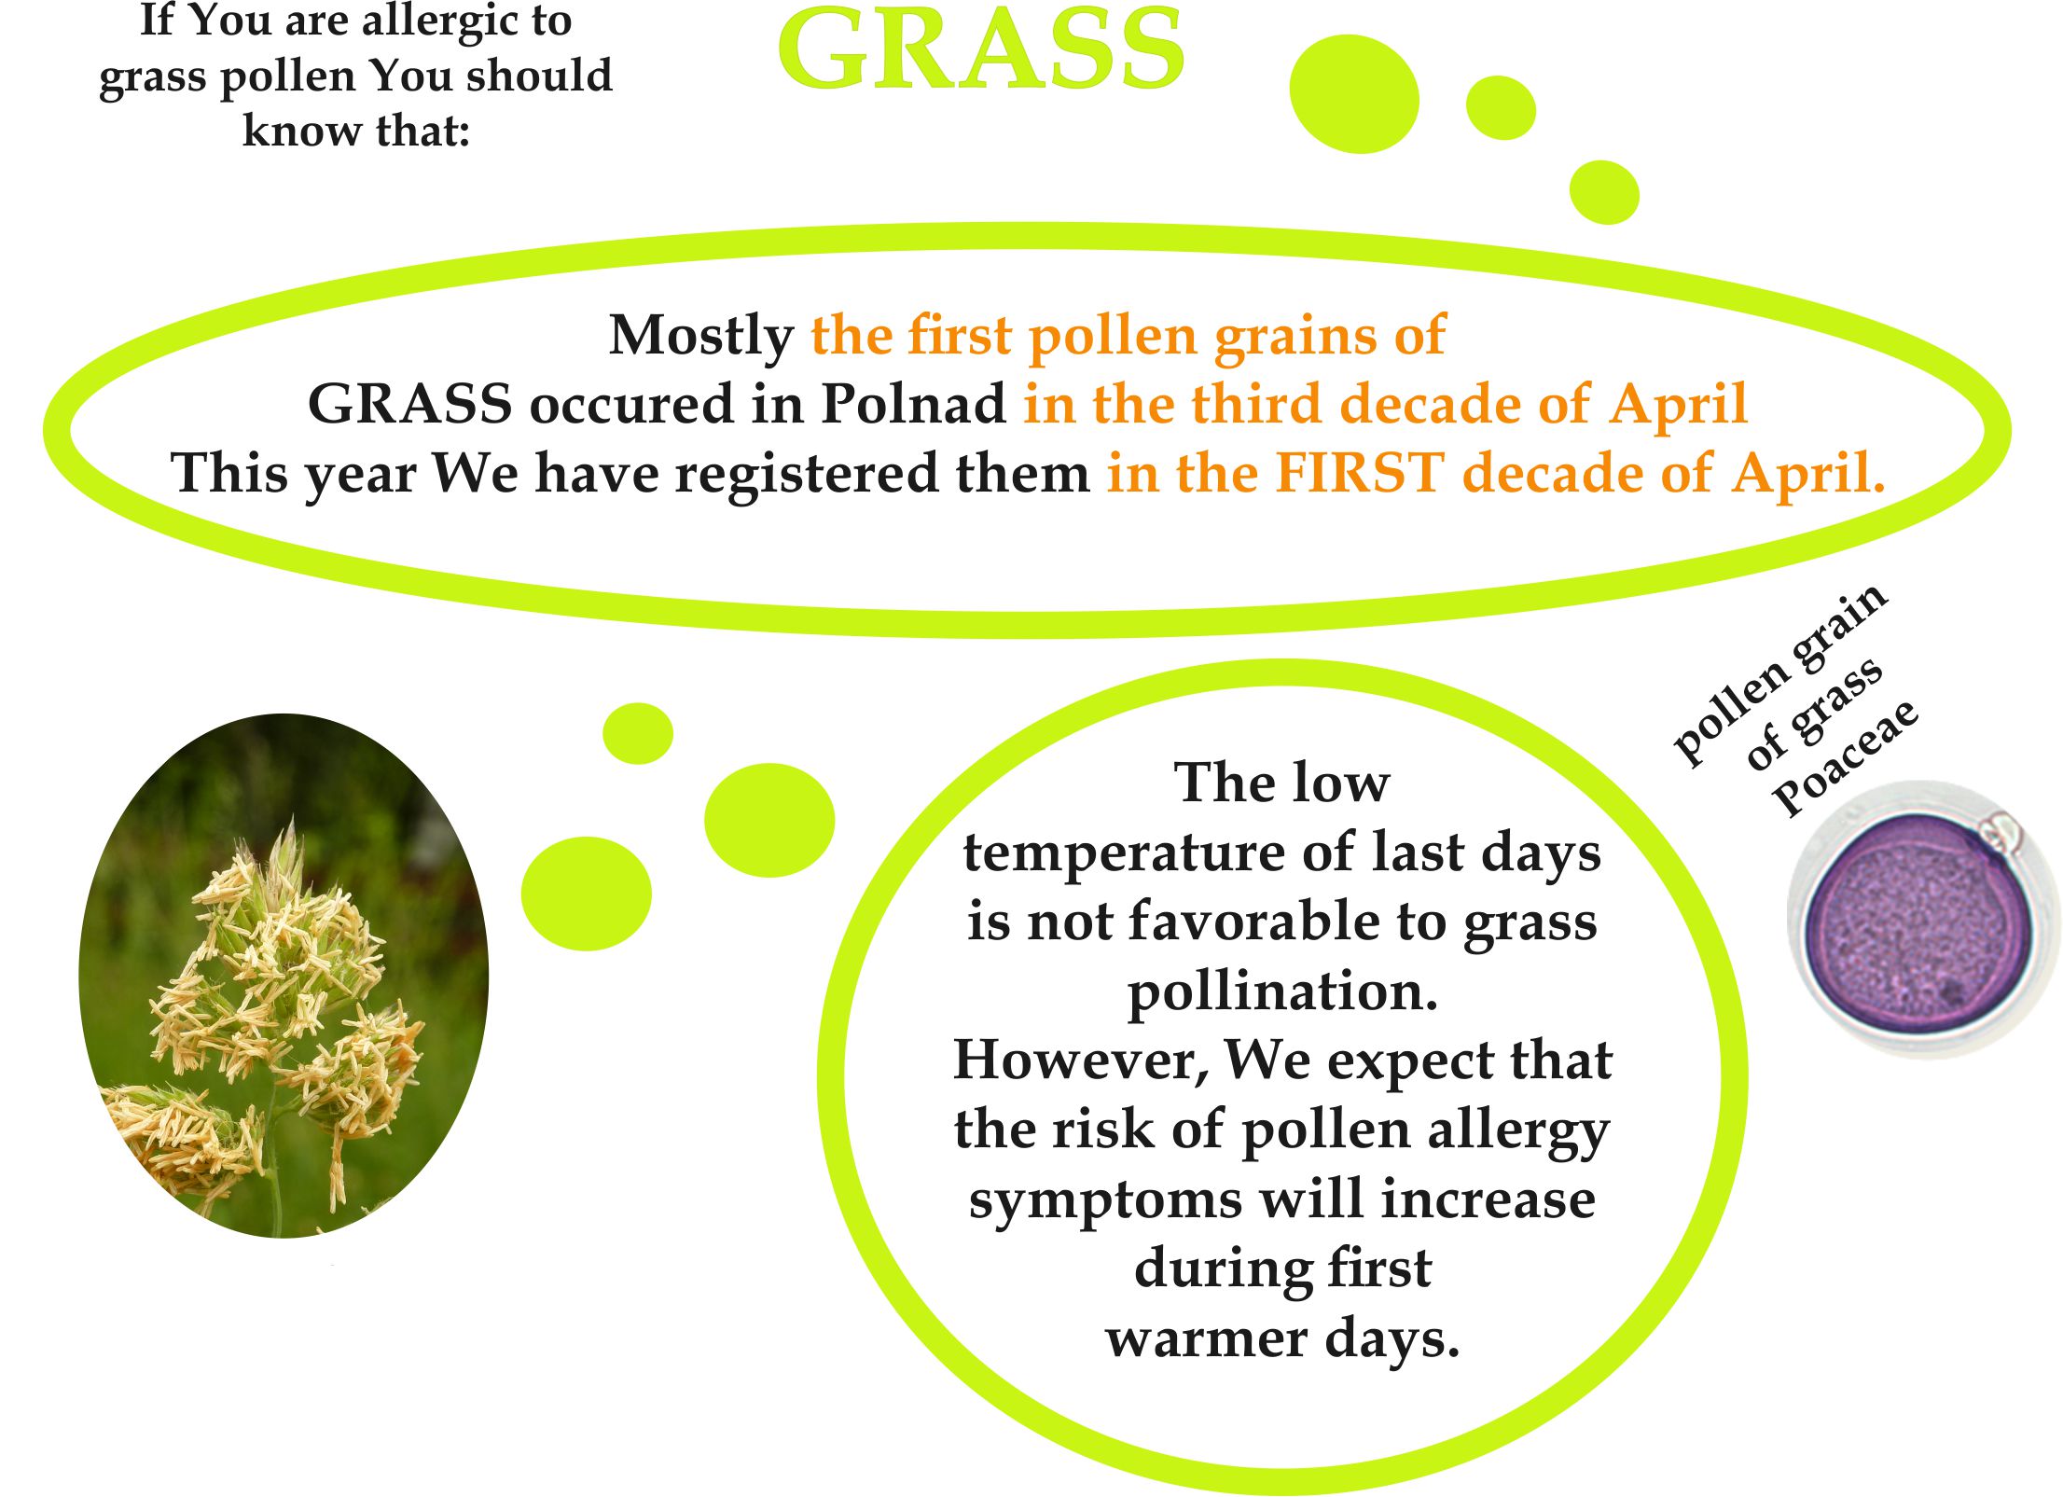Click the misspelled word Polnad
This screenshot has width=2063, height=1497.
913,404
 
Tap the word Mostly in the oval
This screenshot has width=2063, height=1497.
700,336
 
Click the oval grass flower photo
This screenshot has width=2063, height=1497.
284,976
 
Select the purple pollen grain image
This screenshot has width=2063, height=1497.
1921,920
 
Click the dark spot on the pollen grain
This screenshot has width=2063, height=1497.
1949,993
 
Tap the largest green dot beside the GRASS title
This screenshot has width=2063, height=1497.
1354,93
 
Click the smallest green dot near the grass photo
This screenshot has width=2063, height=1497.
638,733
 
